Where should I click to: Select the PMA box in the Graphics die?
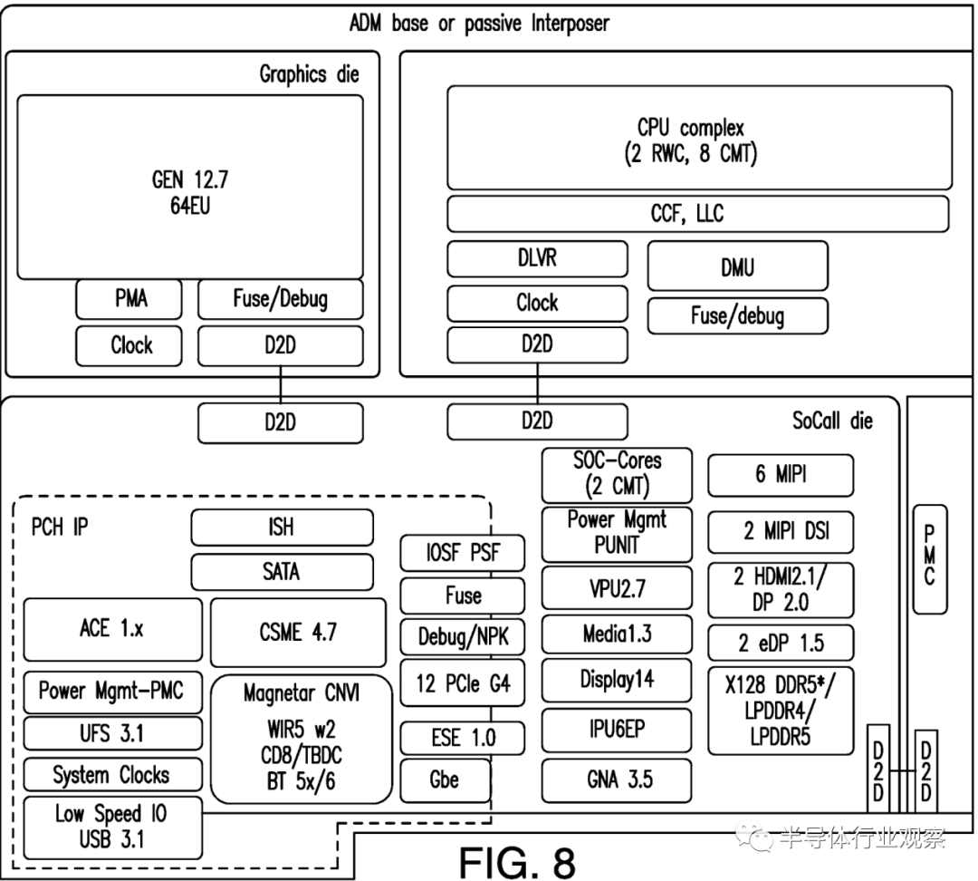pyautogui.click(x=129, y=298)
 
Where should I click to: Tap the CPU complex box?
pyautogui.click(x=699, y=138)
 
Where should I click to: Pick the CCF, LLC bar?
pyautogui.click(x=697, y=214)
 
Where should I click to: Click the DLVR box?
pyautogui.click(x=537, y=258)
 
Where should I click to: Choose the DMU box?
pyautogui.click(x=737, y=266)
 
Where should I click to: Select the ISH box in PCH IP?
pyautogui.click(x=282, y=527)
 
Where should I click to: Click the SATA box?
pyautogui.click(x=282, y=572)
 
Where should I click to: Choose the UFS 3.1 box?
pyautogui.click(x=112, y=732)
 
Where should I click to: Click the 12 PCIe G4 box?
pyautogui.click(x=463, y=683)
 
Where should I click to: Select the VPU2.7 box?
pyautogui.click(x=617, y=588)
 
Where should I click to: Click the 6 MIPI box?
pyautogui.click(x=780, y=474)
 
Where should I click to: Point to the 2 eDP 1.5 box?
pyautogui.click(x=780, y=643)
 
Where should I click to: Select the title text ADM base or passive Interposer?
pyautogui.click(x=479, y=23)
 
